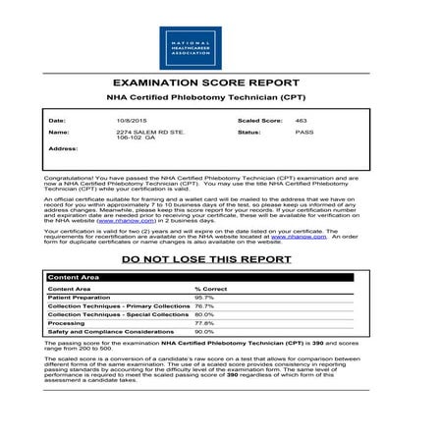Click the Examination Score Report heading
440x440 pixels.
[x=220, y=84]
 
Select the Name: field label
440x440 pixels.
[x=59, y=131]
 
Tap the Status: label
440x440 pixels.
[x=248, y=131]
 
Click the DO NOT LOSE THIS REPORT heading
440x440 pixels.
[x=220, y=259]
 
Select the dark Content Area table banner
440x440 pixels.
[x=220, y=278]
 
